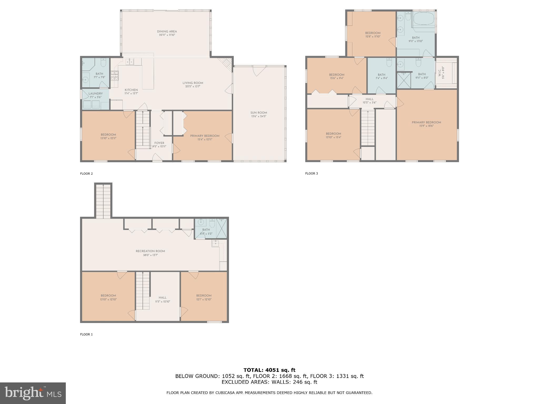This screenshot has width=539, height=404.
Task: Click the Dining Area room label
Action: click(x=167, y=32)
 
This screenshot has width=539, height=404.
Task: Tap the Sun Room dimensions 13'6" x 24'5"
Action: click(x=259, y=116)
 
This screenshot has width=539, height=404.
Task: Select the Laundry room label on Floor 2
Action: click(x=96, y=94)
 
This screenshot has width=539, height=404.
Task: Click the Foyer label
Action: click(x=159, y=143)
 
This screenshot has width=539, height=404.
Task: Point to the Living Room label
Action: click(x=193, y=83)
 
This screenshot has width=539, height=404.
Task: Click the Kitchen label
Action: click(x=131, y=90)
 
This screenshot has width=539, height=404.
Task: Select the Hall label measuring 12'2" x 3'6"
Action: click(x=369, y=99)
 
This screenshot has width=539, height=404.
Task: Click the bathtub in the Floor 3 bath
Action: click(x=424, y=18)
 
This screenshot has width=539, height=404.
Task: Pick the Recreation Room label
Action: click(x=150, y=251)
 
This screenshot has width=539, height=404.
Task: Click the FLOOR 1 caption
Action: click(x=86, y=334)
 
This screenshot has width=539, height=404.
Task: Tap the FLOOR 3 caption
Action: click(x=311, y=173)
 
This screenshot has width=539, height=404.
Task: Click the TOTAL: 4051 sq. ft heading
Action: click(x=269, y=370)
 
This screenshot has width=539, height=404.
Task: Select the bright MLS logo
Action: click(x=33, y=393)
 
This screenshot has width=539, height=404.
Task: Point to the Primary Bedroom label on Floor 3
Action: click(x=426, y=122)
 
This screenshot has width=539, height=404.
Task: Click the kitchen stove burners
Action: click(x=115, y=75)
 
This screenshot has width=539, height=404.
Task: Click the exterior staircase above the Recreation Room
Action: click(x=103, y=201)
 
